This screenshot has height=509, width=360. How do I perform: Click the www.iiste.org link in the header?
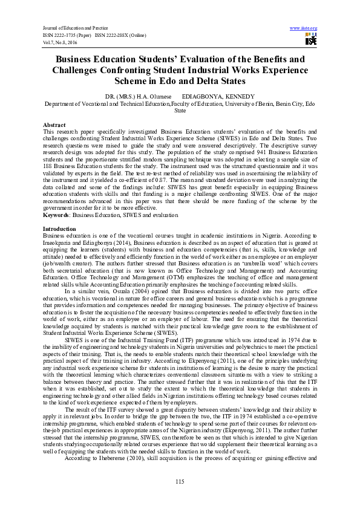tap(304, 28)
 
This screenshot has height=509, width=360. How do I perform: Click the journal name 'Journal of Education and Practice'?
tap(70, 28)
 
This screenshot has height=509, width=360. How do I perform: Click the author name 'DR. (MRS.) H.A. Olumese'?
tap(134, 97)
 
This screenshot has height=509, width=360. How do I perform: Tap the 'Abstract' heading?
tap(54, 124)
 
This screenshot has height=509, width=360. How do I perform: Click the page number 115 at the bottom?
tap(180, 481)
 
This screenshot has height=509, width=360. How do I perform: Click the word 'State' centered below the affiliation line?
tap(180, 111)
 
